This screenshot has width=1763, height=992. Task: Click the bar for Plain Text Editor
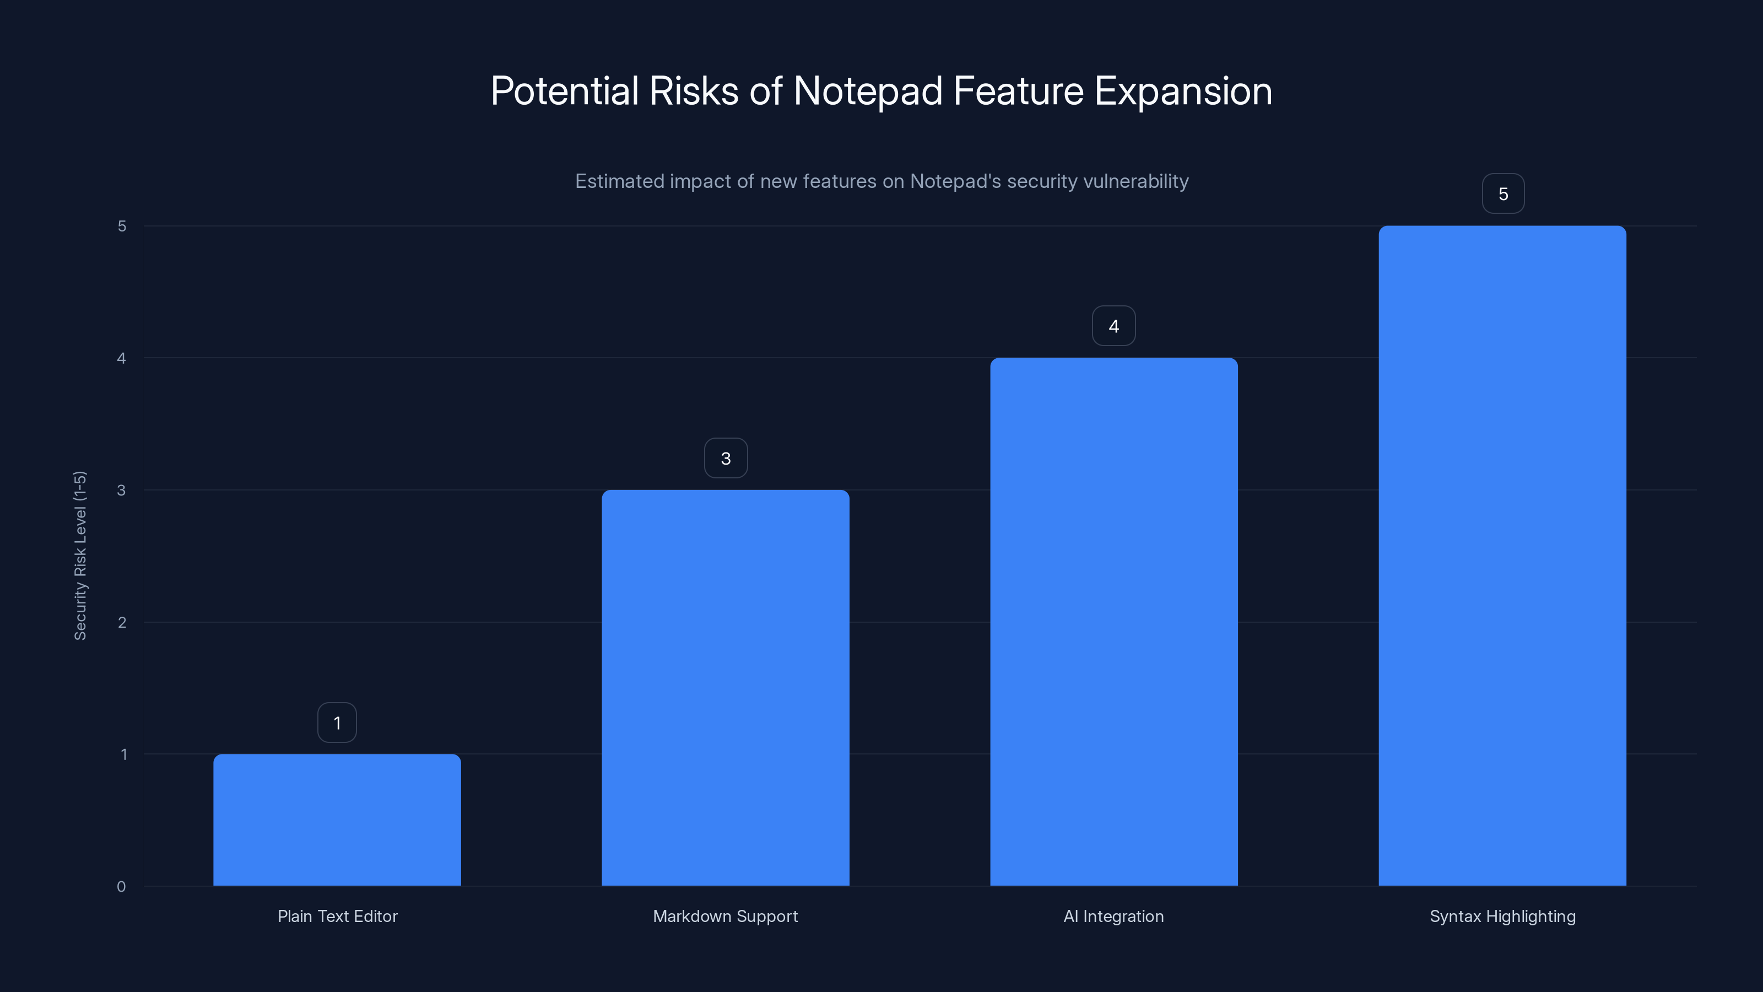337,820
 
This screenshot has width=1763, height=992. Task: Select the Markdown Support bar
726,687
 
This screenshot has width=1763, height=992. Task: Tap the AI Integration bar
1113,622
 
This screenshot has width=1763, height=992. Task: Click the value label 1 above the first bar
337,723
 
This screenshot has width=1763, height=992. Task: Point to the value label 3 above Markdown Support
726,459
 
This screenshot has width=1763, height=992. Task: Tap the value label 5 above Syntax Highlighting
1503,194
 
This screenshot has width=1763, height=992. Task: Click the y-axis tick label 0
121,887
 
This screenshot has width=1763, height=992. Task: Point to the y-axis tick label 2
122,622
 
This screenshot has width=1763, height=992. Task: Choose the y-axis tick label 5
122,226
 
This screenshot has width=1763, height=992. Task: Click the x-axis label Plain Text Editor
337,916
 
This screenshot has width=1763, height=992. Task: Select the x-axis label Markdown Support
726,916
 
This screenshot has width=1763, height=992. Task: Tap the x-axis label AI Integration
1113,916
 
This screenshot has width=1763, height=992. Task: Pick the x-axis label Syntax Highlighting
1502,916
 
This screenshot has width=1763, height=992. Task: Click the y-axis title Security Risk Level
80,555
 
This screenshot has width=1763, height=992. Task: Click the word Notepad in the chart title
867,91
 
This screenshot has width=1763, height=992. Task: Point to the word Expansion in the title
1183,91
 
